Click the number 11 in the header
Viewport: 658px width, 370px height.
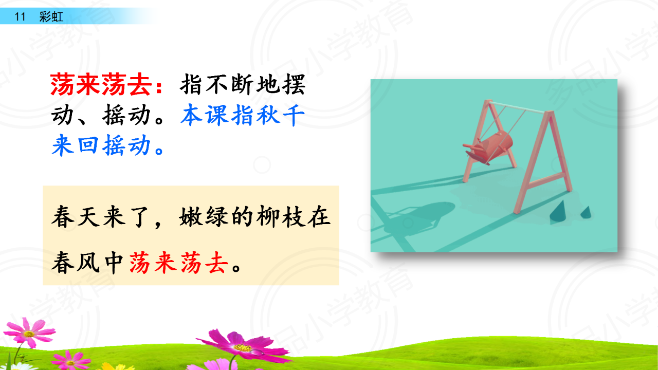20,17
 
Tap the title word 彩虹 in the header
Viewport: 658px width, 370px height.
51,17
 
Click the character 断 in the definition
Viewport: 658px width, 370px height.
243,85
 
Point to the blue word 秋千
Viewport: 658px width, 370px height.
281,115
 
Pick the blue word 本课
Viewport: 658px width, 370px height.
205,115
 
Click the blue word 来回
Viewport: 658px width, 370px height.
75,145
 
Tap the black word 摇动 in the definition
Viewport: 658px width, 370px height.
126,115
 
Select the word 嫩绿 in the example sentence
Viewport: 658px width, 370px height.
204,216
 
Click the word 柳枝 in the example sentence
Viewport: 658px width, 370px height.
281,216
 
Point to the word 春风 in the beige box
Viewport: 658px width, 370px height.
76,262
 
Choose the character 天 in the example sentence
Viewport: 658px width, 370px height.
88,216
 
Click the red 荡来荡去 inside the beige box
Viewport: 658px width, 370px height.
178,262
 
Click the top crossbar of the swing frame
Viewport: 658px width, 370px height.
518,107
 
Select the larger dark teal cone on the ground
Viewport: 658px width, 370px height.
558,212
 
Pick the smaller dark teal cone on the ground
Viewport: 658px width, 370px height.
587,212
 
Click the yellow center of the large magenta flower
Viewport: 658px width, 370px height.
243,348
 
